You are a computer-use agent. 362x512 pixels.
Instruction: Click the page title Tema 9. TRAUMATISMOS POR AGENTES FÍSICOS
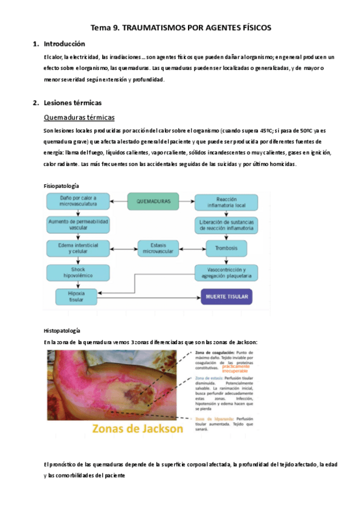click(x=181, y=28)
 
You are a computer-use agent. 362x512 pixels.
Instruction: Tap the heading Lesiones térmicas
click(x=73, y=103)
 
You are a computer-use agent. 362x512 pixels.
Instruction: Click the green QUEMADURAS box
click(x=154, y=201)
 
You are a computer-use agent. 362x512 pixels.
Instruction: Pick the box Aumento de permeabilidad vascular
click(x=78, y=225)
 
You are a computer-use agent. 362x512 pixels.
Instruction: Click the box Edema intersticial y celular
click(x=78, y=248)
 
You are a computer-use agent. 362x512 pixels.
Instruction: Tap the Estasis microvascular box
click(x=158, y=248)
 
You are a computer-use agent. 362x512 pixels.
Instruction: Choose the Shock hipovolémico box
click(x=78, y=271)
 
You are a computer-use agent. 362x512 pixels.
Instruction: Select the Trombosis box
click(x=225, y=248)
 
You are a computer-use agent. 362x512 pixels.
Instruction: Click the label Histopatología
click(x=61, y=331)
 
